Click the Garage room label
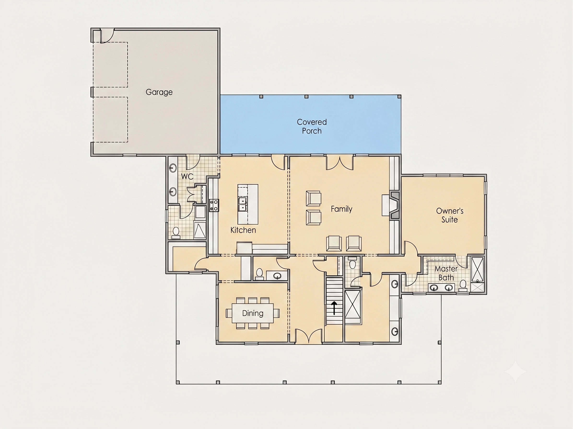coord(159,92)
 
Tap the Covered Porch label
coord(312,126)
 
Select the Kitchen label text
coord(243,230)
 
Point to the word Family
coord(341,209)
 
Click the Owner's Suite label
coord(450,215)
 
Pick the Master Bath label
coord(446,273)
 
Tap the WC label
coord(187,176)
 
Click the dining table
coord(252,313)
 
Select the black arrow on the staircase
coord(334,308)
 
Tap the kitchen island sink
coord(242,204)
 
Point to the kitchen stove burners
coord(214,205)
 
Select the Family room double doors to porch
coord(339,163)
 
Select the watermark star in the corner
coord(515,371)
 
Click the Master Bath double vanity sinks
coord(441,288)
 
